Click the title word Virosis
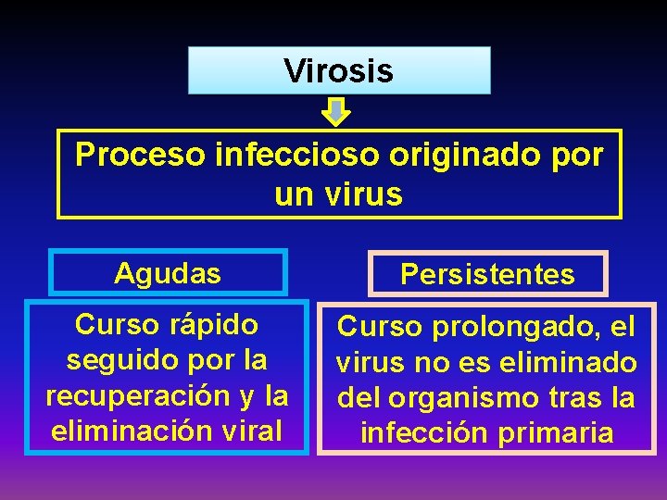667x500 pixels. tap(339, 70)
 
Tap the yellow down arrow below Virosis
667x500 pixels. tap(336, 113)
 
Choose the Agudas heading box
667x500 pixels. tap(168, 273)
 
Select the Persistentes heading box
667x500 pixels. tap(487, 275)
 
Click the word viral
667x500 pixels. tap(253, 431)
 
